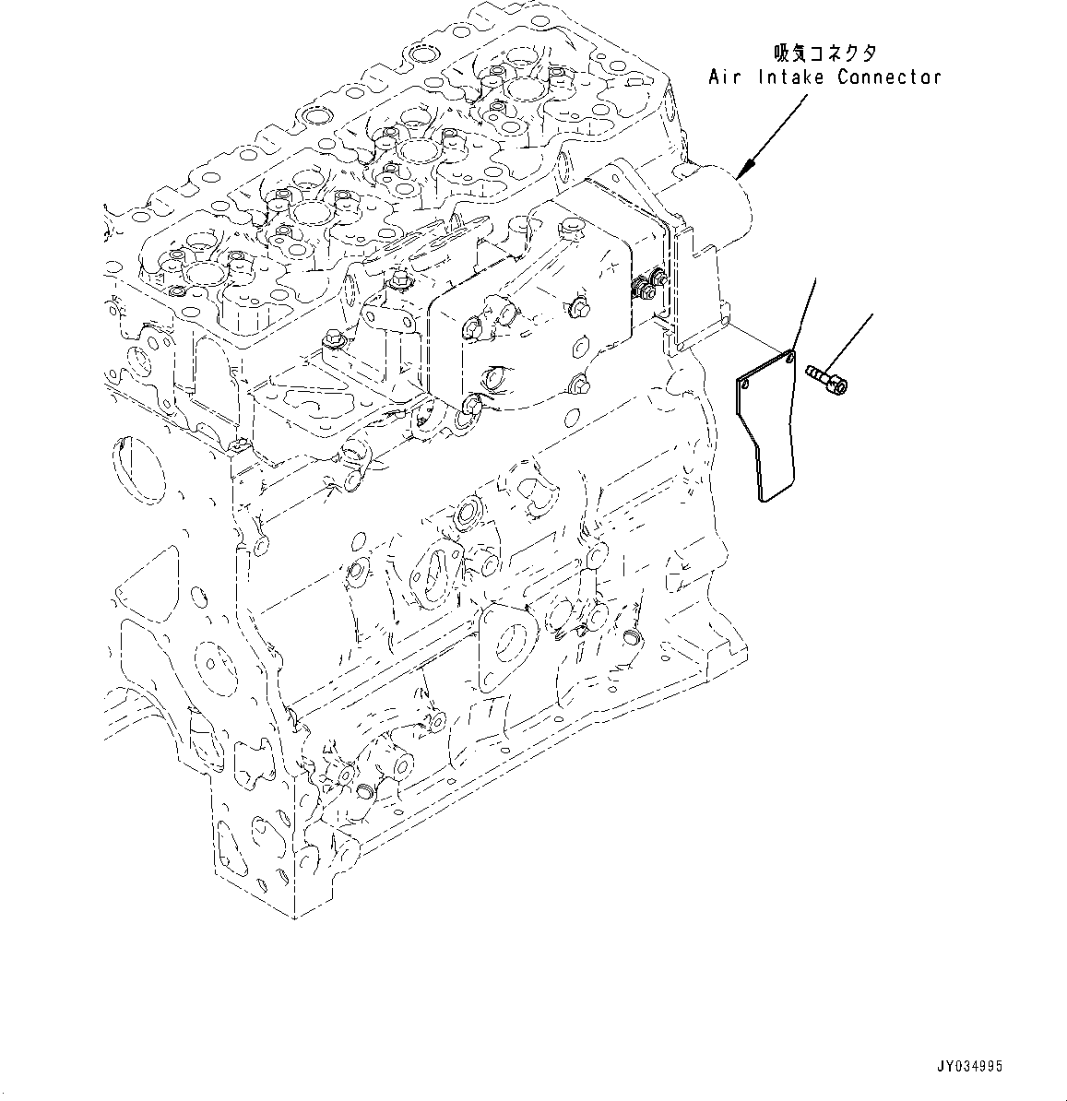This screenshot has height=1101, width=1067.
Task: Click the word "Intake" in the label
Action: pyautogui.click(x=787, y=77)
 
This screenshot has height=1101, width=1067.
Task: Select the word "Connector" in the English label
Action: pyautogui.click(x=889, y=77)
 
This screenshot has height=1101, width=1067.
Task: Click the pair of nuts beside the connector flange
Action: pyautogui.click(x=646, y=288)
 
